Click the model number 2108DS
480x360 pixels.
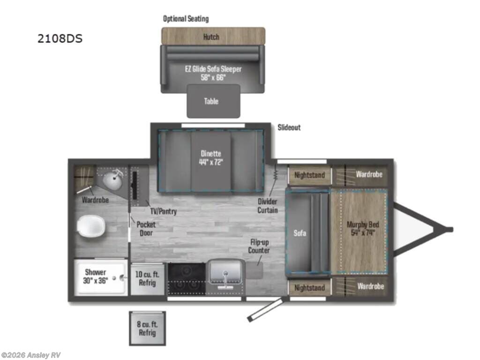coord(60,38)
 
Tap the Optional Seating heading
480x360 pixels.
coord(186,19)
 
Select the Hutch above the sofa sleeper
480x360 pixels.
coord(211,37)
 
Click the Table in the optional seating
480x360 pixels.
coord(213,101)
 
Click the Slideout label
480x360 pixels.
coord(289,127)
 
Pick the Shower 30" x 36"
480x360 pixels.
coord(96,277)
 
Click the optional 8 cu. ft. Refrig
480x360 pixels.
coord(147,329)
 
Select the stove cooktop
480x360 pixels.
coord(187,278)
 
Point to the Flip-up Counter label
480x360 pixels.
coord(259,247)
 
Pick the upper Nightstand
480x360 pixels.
coord(309,175)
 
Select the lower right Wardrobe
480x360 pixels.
coord(370,286)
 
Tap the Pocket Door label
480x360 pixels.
coord(146,228)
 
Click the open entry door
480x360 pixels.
coord(266,309)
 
